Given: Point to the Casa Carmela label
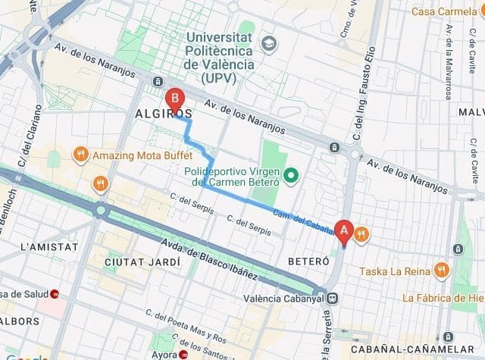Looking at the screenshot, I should tap(446, 11).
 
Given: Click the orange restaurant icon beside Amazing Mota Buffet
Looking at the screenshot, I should tap(80, 155).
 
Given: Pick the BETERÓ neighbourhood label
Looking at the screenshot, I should tap(308, 261).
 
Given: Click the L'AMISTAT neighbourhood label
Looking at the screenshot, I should tap(49, 247).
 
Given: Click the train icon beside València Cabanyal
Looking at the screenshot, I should tap(333, 297).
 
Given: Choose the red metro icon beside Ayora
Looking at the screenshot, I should tap(184, 355).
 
